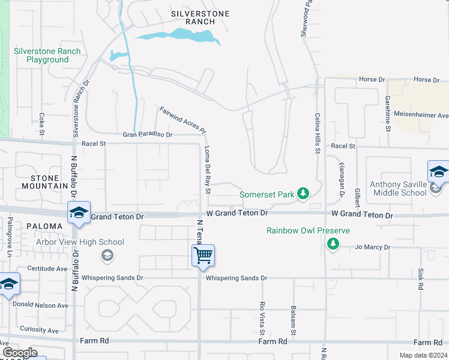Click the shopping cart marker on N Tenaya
[x=203, y=256]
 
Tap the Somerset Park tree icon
[x=304, y=193]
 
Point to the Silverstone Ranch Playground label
[x=47, y=55]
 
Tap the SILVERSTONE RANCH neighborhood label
[x=193, y=17]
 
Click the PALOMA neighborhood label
[x=44, y=226]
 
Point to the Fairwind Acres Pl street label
[x=183, y=120]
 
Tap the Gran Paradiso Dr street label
[x=148, y=135]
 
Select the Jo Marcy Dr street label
[x=373, y=247]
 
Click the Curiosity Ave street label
[x=39, y=330]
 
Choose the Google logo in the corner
[x=20, y=353]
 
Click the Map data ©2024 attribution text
[x=422, y=355]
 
